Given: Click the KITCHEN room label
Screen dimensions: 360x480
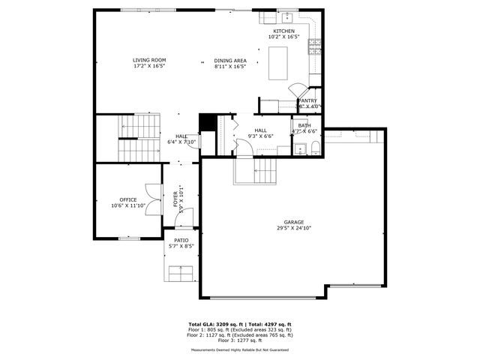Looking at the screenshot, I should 283,31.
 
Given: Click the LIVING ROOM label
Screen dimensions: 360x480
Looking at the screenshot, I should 149,60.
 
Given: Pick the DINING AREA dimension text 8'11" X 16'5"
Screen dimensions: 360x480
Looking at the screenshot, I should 230,66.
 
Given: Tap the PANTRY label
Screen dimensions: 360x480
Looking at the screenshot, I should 307,100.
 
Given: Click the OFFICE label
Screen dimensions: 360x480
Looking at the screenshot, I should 128,199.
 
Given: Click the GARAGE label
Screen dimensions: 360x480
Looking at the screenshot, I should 293,222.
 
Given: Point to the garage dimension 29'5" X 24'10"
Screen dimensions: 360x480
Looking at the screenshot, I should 293,228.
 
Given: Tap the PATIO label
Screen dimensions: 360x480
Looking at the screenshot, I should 181,240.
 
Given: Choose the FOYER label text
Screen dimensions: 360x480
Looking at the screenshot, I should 176,198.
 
